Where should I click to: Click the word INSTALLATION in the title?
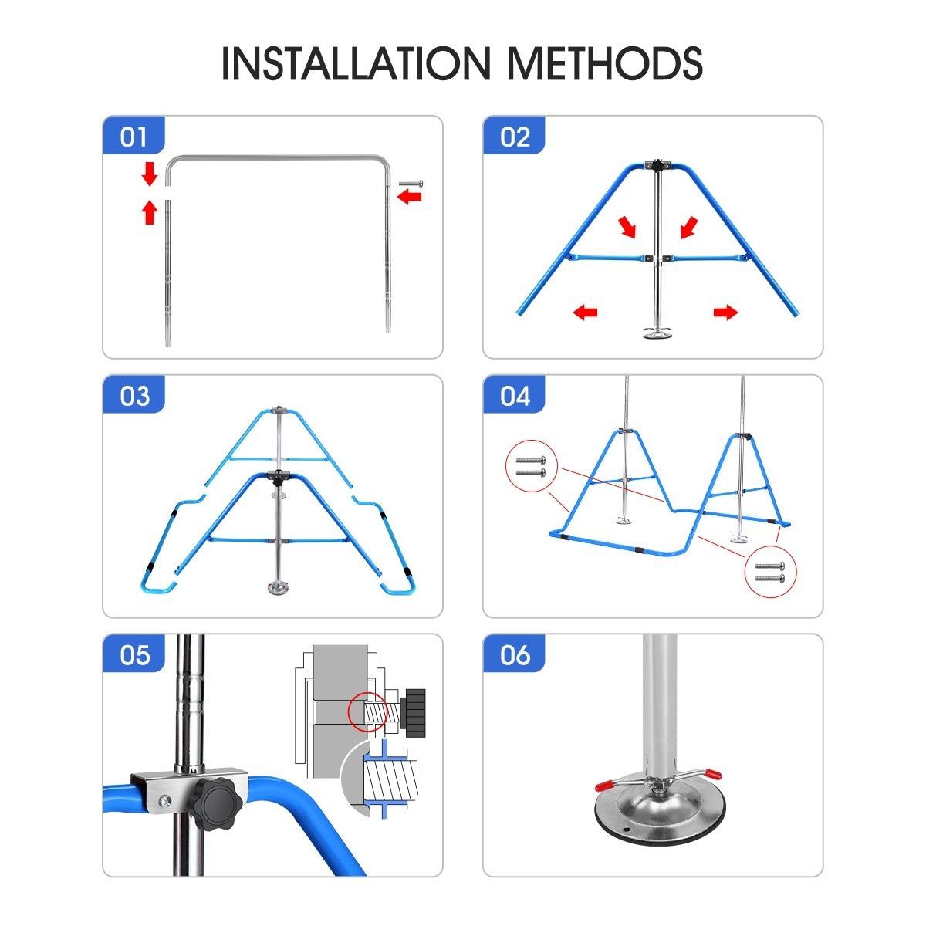click(356, 63)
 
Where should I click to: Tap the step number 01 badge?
click(133, 136)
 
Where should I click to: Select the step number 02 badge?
click(514, 136)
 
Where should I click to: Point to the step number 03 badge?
click(133, 395)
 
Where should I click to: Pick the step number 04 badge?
click(514, 395)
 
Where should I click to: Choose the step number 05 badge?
click(133, 654)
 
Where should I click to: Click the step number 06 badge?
click(514, 654)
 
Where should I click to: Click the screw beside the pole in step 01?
click(411, 183)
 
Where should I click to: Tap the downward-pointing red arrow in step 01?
click(150, 174)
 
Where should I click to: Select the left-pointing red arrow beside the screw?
click(410, 196)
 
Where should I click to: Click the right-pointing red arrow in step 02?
click(725, 313)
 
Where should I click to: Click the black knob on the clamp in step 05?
click(217, 800)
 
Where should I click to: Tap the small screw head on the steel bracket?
click(166, 800)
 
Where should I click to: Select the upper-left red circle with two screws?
click(532, 465)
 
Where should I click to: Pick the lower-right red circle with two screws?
click(770, 571)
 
